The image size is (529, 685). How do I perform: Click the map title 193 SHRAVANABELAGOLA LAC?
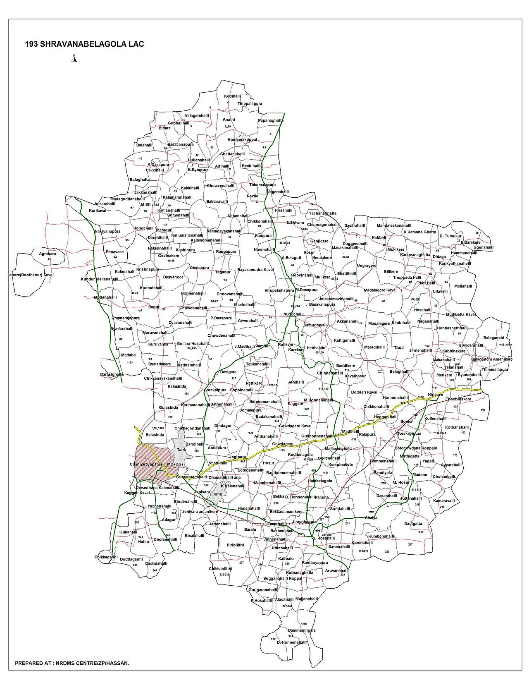pos(84,44)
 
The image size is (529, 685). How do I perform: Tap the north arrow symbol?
pos(75,58)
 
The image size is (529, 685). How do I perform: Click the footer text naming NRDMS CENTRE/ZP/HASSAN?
pos(72,663)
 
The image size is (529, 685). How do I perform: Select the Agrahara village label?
pos(47,254)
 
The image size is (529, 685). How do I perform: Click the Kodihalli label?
pos(232,96)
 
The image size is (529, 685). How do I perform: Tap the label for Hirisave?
pos(436,395)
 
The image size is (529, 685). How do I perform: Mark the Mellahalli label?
pos(463,286)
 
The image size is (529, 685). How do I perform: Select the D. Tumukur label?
pos(450,236)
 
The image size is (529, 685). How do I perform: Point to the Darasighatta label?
pos(112,374)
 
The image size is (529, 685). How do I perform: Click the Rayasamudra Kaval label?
pos(255,269)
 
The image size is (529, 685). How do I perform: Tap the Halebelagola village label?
pos(320,481)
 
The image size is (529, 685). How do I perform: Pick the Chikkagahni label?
pos(106,557)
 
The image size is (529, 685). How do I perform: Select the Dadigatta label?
pos(413,523)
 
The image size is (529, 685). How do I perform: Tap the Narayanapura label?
pos(107,231)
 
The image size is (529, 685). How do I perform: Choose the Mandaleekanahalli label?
pos(391,225)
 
